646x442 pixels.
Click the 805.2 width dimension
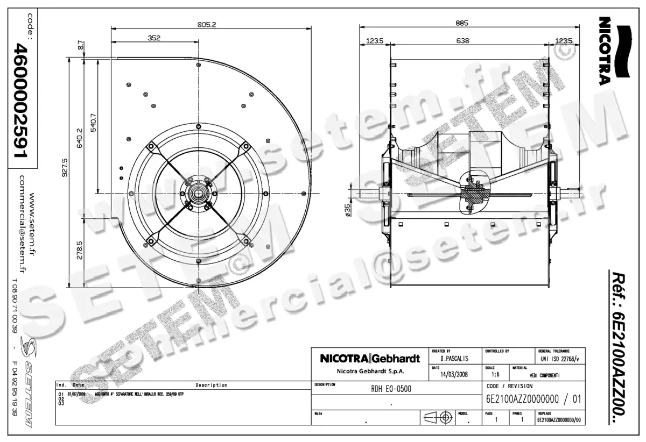coord(206,24)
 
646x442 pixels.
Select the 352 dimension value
coord(155,38)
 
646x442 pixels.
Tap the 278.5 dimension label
coord(80,251)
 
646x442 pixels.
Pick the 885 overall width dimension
coord(462,23)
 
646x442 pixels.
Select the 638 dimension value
coord(462,40)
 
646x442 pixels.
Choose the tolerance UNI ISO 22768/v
coord(559,359)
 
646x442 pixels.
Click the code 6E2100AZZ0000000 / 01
coord(532,400)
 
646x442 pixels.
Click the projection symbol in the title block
coord(438,418)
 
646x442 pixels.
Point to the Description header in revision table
coord(211,385)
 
